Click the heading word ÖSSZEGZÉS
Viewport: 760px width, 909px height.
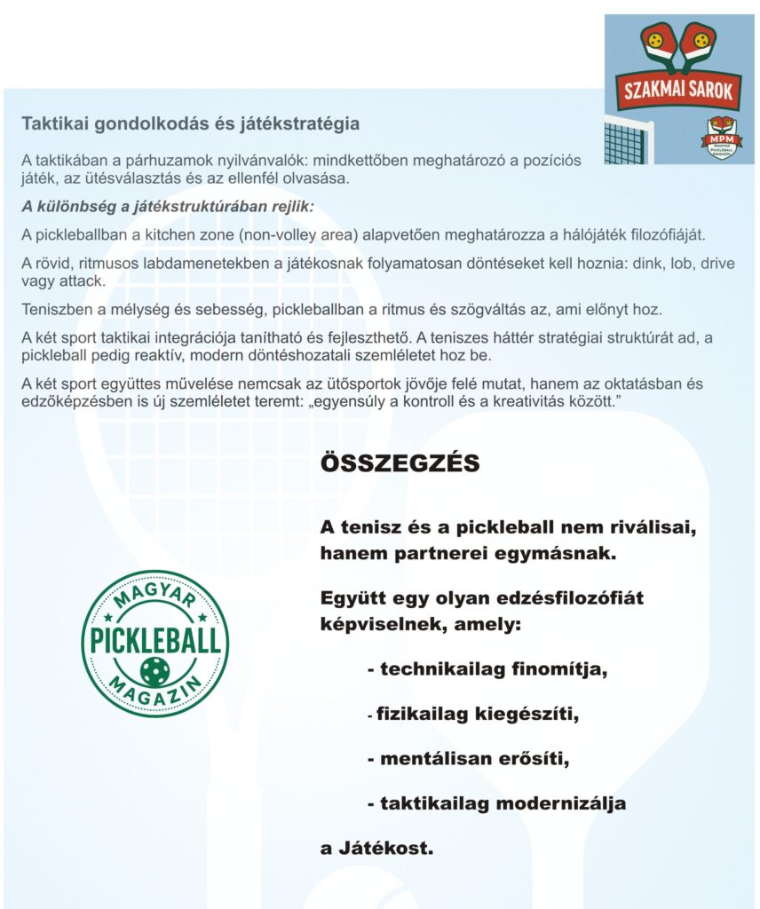pyautogui.click(x=400, y=464)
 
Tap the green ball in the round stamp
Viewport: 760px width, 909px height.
pyautogui.click(x=154, y=671)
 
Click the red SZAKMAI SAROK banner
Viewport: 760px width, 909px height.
pyautogui.click(x=679, y=90)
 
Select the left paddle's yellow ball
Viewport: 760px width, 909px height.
pyautogui.click(x=655, y=40)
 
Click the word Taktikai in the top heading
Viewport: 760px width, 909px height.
pyautogui.click(x=50, y=123)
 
